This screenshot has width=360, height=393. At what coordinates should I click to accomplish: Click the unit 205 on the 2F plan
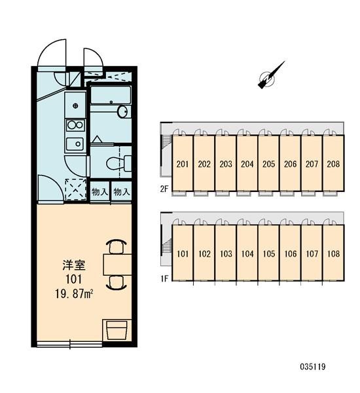coord(269,163)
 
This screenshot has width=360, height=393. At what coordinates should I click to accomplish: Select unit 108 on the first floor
coord(333,253)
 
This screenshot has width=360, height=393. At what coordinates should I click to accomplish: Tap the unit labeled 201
coord(183,163)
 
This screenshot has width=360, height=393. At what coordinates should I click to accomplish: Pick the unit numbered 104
coord(247,253)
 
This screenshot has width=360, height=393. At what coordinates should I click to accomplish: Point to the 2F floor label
coord(164,189)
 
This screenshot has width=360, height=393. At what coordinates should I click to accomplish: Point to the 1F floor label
coord(164,278)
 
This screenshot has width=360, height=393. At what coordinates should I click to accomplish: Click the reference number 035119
coord(313,367)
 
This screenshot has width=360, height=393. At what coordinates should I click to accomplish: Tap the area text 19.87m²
coord(74,293)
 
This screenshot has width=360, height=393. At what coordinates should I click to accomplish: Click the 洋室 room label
coord(74,265)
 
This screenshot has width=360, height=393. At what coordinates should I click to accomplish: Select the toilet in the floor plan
coord(118,163)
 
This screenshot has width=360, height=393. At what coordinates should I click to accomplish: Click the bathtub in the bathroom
coord(111,95)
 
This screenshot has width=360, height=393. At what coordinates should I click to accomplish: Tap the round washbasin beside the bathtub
coord(122,111)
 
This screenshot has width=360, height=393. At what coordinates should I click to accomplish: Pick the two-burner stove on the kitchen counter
coord(75,125)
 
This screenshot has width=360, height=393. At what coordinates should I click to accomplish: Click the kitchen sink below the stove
coord(75,144)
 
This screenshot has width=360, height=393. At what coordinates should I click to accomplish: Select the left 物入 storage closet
coord(99,192)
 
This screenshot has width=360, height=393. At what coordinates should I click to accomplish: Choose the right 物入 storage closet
coord(122,192)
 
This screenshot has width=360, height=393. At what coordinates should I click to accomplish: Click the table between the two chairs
coord(118,265)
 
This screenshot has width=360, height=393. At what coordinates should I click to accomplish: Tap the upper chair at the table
coord(117,247)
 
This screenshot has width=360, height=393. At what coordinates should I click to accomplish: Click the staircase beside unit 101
coord(166,248)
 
